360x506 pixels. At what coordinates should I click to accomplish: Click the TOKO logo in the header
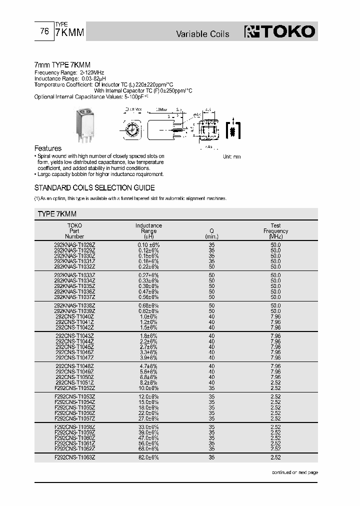pyautogui.click(x=280, y=32)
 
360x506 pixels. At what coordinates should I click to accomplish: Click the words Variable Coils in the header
pyautogui.click(x=202, y=34)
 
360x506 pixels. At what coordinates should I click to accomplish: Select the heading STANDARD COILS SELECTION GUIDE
pyautogui.click(x=94, y=187)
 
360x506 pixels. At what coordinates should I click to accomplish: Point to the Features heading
pyautogui.click(x=47, y=148)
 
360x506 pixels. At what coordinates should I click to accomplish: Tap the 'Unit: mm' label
pyautogui.click(x=231, y=156)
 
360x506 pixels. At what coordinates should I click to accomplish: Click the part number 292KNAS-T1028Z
pyautogui.click(x=74, y=244)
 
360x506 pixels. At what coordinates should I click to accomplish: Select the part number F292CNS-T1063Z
pyautogui.click(x=74, y=457)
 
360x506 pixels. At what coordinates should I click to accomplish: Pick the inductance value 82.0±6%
pyautogui.click(x=148, y=457)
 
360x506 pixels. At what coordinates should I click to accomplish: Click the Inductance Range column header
pyautogui.click(x=148, y=231)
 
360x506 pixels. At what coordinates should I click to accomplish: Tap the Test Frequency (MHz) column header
pyautogui.click(x=275, y=231)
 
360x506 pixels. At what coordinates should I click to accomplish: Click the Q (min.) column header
pyautogui.click(x=211, y=233)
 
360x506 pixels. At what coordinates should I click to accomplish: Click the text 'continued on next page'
pyautogui.click(x=294, y=472)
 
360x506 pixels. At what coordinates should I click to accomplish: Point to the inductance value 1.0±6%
pyautogui.click(x=148, y=316)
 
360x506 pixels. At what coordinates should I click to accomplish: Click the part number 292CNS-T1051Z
pyautogui.click(x=74, y=382)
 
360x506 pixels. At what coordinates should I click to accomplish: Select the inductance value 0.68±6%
pyautogui.click(x=148, y=305)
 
